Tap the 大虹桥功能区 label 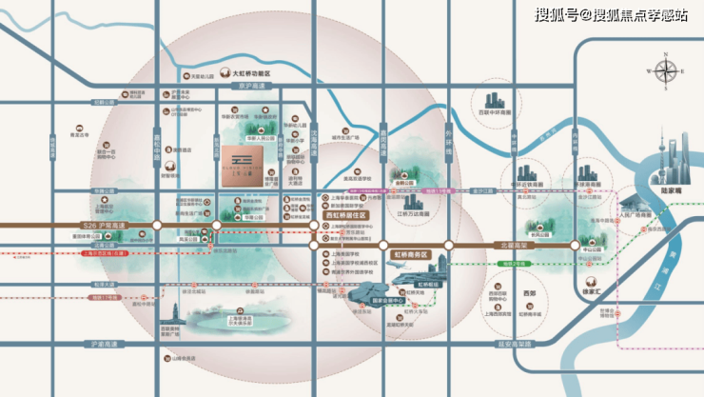[244, 72]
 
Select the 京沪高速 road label [257, 86]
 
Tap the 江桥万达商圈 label [416, 214]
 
